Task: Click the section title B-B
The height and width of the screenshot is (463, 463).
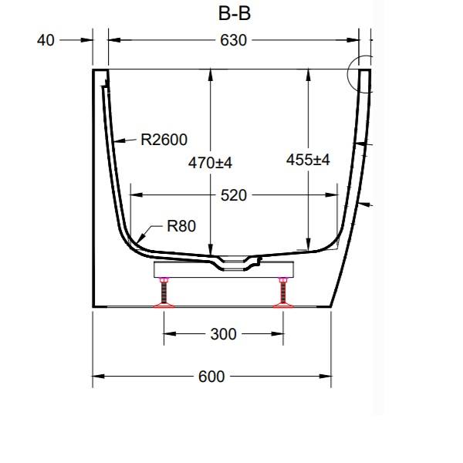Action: pos(235,14)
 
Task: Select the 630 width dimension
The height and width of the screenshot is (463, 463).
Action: pos(233,40)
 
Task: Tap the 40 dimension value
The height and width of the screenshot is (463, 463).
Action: pos(46,40)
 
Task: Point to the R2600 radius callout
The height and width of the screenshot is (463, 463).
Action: pos(164,140)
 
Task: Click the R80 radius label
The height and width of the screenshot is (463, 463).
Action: pos(181,226)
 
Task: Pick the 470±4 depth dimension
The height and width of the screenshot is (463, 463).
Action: pos(210,163)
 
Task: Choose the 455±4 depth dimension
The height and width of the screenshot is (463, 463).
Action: pos(308,160)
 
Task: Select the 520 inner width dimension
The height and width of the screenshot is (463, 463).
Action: pos(234,195)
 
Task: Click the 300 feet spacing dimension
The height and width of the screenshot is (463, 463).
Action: pos(224,334)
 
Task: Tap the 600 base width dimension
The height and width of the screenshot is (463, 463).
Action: pos(211,377)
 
